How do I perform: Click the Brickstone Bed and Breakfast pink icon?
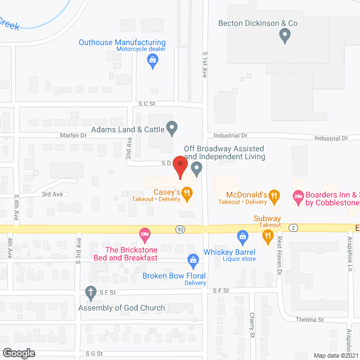pos(145,233)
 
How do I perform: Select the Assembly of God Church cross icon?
pos(90,291)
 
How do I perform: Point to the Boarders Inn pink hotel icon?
pos(298,196)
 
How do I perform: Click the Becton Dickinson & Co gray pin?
pos(285,37)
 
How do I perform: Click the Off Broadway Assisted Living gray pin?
pos(196,168)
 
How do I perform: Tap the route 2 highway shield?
pos(293,228)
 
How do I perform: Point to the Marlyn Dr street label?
pos(74,136)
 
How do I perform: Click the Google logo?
pos(19,353)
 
